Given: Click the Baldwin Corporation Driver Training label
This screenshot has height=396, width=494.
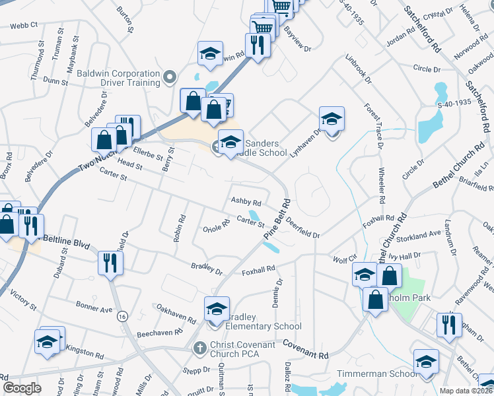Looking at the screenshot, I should coord(118,78).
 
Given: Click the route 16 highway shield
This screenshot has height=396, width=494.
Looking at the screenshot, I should coord(122,317).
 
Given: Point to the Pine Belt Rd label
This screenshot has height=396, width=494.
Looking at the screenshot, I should coord(277,218).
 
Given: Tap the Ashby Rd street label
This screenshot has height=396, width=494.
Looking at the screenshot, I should coord(246,202).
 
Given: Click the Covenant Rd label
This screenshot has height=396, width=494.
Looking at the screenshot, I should coord(306,350).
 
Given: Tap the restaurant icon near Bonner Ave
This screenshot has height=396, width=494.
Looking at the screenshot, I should coord(110,263).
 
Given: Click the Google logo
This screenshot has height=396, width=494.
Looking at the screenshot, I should coord(22,388).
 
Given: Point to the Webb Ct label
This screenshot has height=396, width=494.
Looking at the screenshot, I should coord(24,26).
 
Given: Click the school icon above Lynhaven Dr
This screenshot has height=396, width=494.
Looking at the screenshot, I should coord(332,119).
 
